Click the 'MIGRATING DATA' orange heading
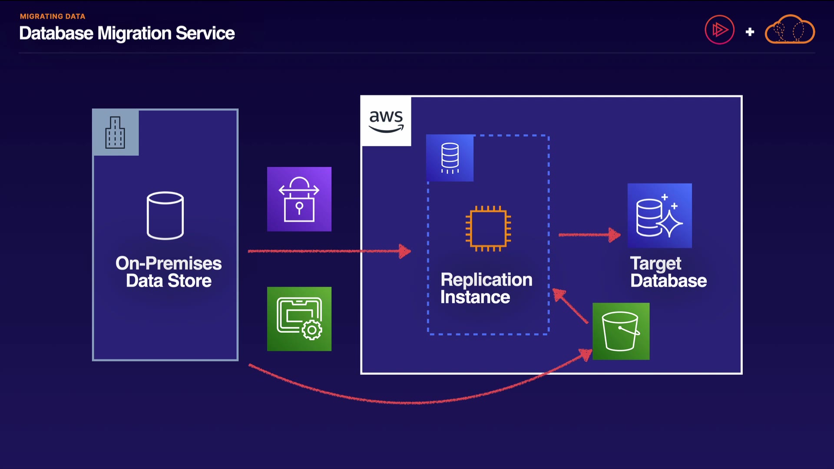tap(53, 17)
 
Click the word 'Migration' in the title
tap(134, 33)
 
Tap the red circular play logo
tap(719, 30)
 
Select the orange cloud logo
tap(790, 30)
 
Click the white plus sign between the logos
tap(750, 32)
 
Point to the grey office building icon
tap(115, 132)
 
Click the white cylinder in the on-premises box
tap(165, 215)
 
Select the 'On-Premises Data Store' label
tap(169, 272)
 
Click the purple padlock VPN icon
tap(299, 199)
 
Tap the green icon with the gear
tap(299, 319)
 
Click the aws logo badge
tap(386, 121)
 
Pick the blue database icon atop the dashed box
tap(450, 158)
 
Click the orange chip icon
tap(488, 228)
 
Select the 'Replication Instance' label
tap(486, 288)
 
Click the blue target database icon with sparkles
tap(659, 215)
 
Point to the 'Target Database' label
tap(668, 272)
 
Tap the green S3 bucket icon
tap(621, 331)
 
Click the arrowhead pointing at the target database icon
tap(614, 235)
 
